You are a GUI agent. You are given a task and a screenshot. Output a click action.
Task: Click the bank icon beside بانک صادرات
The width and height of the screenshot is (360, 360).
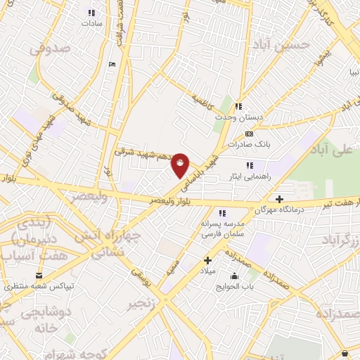[248, 133]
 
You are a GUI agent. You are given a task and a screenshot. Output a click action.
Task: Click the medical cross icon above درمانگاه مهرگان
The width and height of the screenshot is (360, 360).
[280, 199]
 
